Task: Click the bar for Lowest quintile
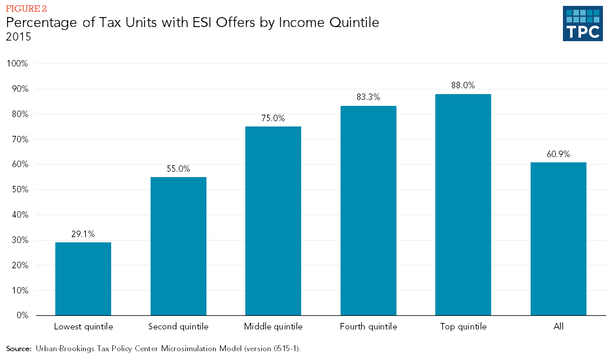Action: pos(83,279)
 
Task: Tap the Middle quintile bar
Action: pos(273,221)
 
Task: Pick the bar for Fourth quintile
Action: pos(368,211)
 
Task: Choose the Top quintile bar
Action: pos(463,205)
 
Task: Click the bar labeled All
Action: pos(558,239)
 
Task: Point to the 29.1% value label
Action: pos(83,234)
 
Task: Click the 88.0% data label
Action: pos(463,85)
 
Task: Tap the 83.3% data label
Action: pos(368,97)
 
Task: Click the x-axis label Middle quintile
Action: pos(273,326)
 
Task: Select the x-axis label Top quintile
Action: pos(463,326)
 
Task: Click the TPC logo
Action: pos(582,24)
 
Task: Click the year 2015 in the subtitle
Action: pos(18,36)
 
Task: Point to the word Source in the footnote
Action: pos(18,349)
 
